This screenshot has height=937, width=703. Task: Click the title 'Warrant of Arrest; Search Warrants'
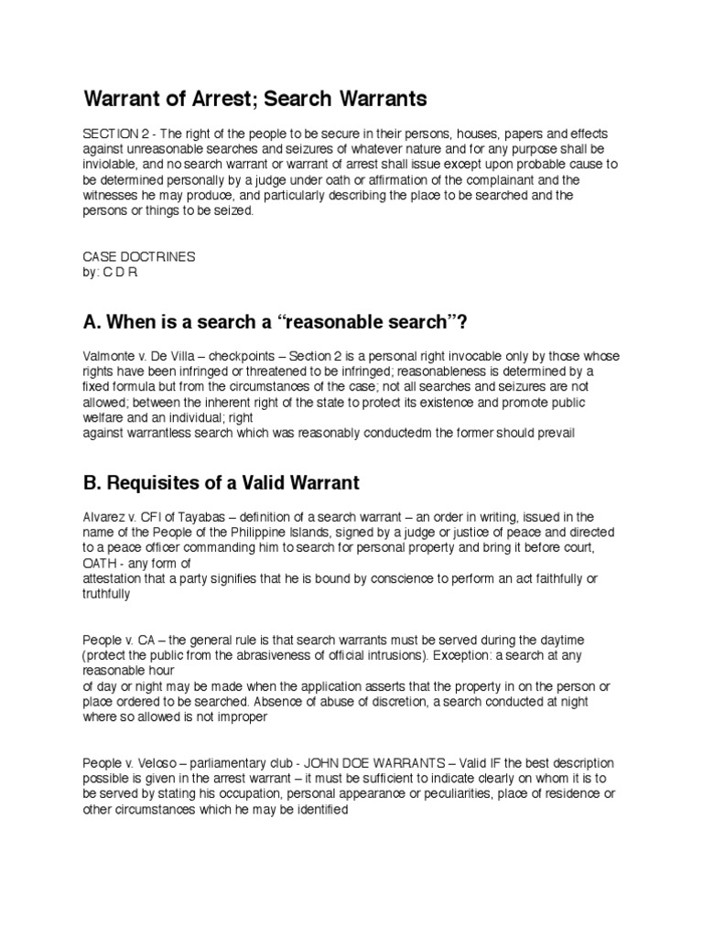pos(255,97)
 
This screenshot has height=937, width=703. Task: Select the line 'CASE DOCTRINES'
pos(139,257)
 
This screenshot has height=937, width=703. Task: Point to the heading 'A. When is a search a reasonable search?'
pos(279,321)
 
